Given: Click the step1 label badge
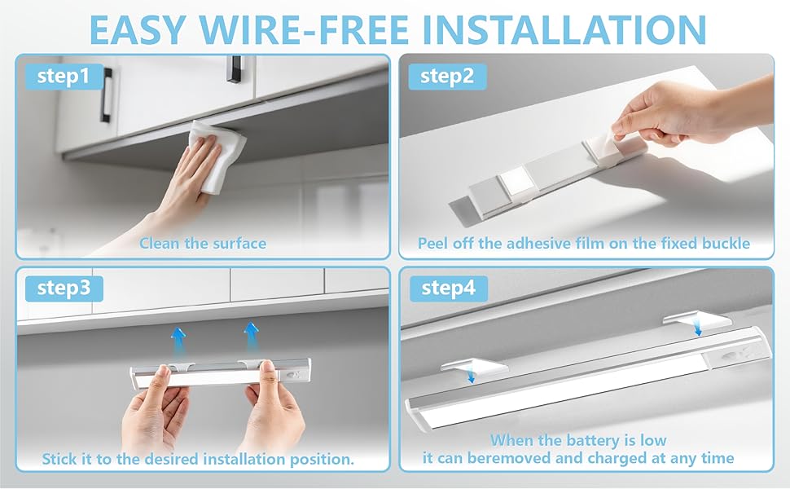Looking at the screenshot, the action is (x=64, y=77).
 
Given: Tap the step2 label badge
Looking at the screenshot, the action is (x=447, y=77).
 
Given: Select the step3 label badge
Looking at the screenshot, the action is (x=64, y=289).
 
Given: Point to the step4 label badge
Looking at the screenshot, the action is (x=449, y=289).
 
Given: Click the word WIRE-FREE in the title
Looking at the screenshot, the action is (x=304, y=29).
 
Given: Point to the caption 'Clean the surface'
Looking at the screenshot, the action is (x=203, y=244).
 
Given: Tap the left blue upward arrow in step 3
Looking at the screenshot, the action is (x=178, y=341).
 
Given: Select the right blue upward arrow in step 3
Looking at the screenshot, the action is (x=251, y=337).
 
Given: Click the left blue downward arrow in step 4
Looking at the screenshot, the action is (x=471, y=375).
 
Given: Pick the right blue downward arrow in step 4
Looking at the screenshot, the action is (x=698, y=328).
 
